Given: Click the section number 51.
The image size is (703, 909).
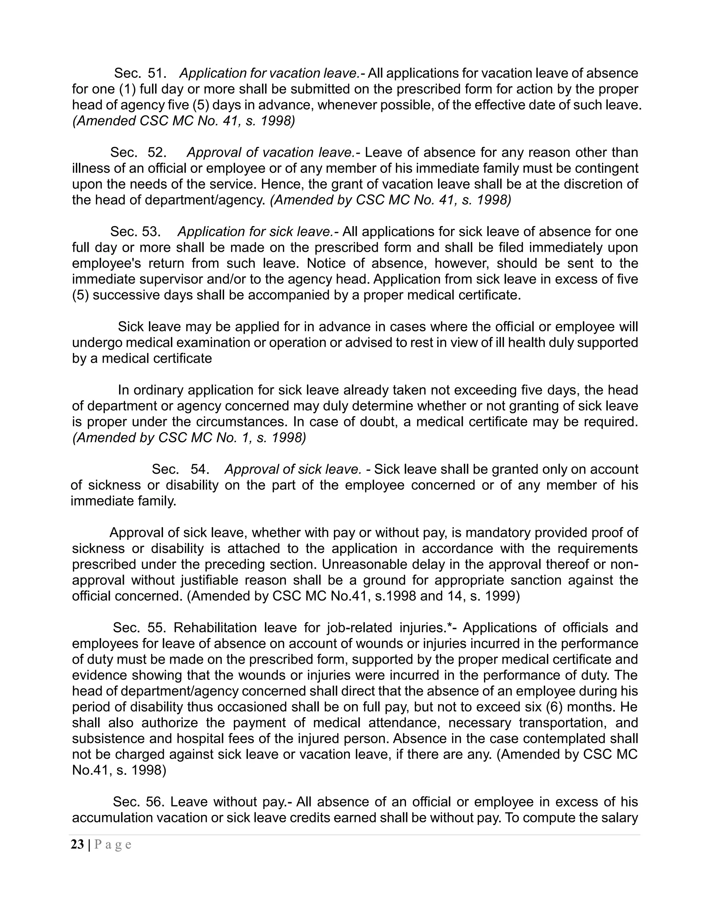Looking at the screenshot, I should point(157,73).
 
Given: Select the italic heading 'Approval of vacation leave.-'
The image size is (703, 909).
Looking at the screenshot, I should point(273,152).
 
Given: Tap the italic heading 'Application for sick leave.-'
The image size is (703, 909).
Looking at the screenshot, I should point(258,232).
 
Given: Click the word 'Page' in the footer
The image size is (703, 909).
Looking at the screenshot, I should point(113,845).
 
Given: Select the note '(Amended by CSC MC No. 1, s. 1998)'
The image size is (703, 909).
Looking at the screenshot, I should point(189,437).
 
